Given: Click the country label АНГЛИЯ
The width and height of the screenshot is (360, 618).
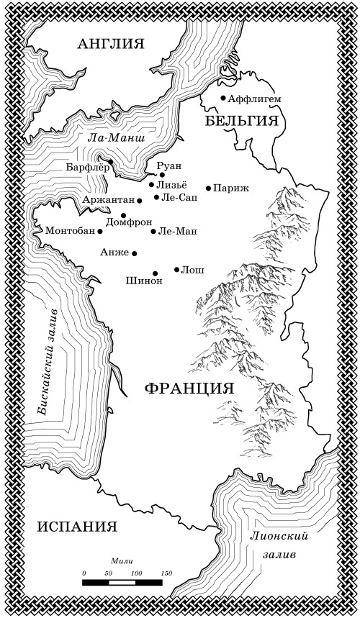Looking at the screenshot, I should [x=111, y=44].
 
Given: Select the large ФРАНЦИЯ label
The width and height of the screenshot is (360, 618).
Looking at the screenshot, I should [x=190, y=388].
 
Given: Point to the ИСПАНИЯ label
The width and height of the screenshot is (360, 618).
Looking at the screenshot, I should [x=76, y=526].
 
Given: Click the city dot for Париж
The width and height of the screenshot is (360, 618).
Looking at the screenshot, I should [x=208, y=188].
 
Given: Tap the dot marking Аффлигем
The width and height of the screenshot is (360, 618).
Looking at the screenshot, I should [x=223, y=98].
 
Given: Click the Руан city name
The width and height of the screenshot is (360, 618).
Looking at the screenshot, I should [x=169, y=165].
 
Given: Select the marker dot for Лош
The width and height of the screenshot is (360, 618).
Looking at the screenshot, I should [x=177, y=270].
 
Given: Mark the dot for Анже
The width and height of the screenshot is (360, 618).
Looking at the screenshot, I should [x=135, y=253].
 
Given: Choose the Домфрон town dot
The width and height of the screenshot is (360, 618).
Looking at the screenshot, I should [x=123, y=215].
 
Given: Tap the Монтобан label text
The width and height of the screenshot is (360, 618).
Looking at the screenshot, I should [x=69, y=231].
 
